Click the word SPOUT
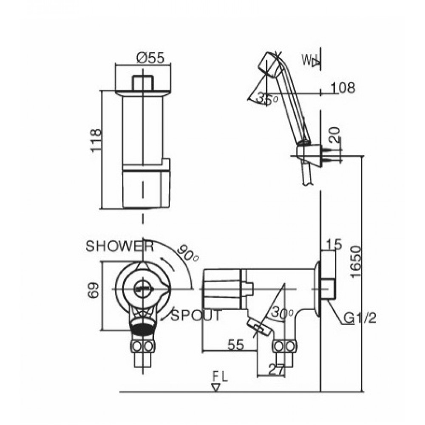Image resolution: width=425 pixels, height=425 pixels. click(x=196, y=315)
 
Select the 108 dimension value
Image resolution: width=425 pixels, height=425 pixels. click(x=342, y=88)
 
